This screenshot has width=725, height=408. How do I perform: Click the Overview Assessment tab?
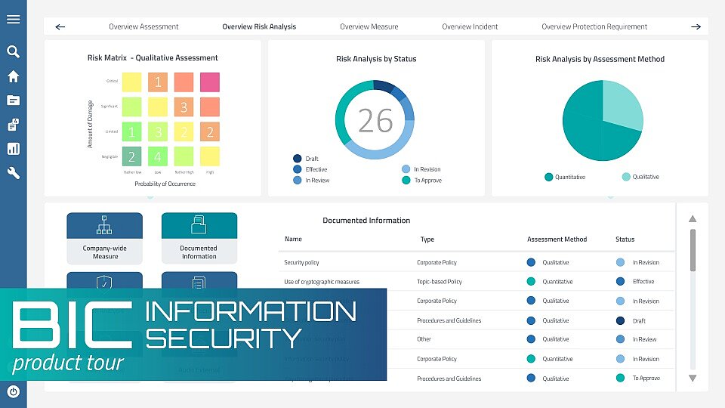(x=143, y=26)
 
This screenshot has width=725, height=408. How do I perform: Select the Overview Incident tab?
(x=470, y=26)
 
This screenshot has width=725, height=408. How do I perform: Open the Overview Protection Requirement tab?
(x=594, y=26)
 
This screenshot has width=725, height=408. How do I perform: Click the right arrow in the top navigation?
(x=696, y=26)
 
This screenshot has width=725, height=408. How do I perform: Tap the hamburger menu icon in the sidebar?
(x=13, y=19)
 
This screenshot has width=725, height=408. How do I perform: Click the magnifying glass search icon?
(x=13, y=52)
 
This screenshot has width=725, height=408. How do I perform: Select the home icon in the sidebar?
(x=13, y=76)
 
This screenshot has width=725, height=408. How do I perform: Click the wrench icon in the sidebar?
(x=13, y=173)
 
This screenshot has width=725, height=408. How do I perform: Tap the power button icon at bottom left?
(x=13, y=391)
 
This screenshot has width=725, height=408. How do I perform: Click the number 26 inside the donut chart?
(x=375, y=121)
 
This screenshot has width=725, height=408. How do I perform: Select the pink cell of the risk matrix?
(x=209, y=82)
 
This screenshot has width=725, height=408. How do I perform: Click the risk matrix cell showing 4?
(x=158, y=156)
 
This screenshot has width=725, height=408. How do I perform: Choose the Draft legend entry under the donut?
(x=310, y=159)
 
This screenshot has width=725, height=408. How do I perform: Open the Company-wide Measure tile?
(x=105, y=238)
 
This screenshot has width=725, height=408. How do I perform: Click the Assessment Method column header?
(x=557, y=240)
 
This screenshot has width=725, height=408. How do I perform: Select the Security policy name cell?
(x=301, y=262)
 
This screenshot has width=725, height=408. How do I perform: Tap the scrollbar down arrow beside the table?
(x=693, y=378)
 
